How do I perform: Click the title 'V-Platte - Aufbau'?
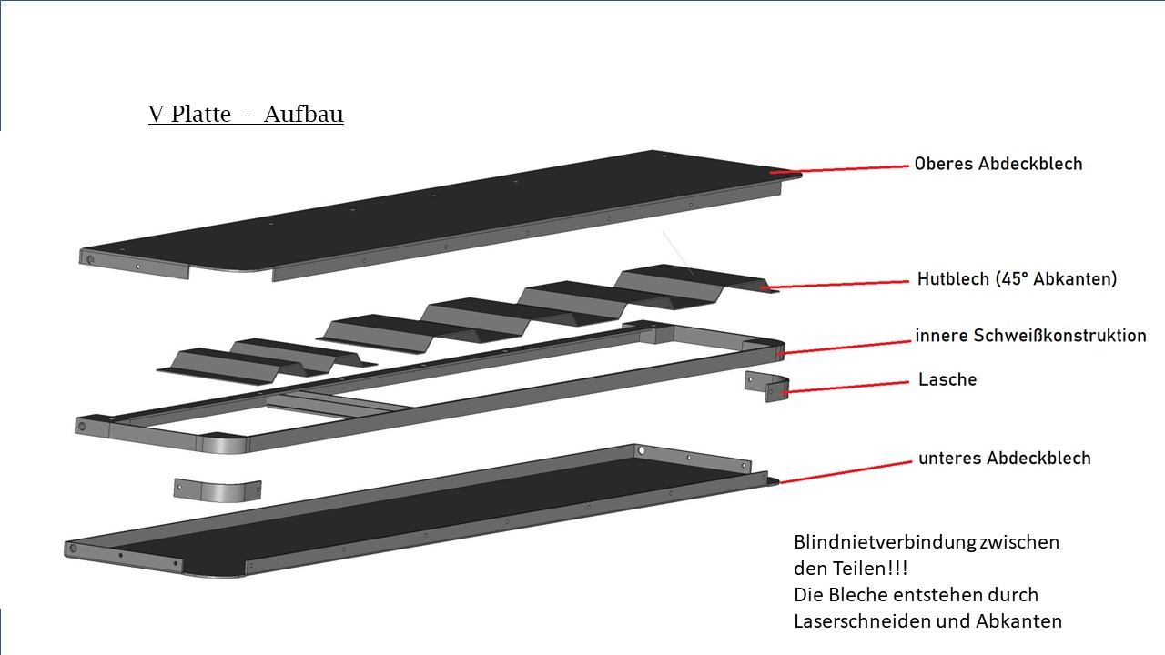(246, 115)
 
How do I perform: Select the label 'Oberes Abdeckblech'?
(998, 164)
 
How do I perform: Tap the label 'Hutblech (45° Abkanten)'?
(1017, 279)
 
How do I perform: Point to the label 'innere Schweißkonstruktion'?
(1030, 336)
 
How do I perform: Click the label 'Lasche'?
(947, 379)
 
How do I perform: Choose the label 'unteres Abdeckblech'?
(1004, 458)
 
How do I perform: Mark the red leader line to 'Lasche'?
(846, 387)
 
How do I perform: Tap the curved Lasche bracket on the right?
(766, 387)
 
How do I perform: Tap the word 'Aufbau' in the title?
(304, 115)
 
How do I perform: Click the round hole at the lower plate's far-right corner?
(641, 449)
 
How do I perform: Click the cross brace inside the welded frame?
(341, 404)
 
